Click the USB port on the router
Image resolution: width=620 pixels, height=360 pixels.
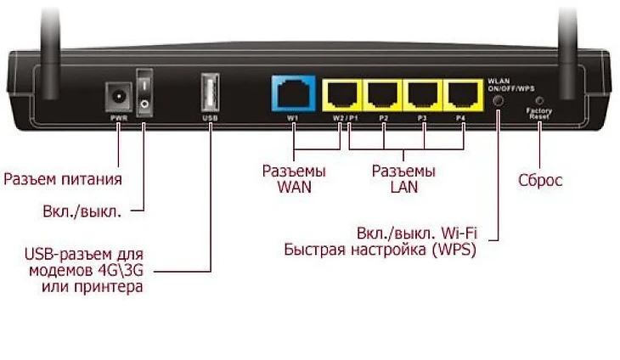pos(210,93)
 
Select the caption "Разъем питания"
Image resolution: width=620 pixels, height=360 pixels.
pos(63,179)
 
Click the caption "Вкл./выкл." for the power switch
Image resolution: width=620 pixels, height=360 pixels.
pos(82,211)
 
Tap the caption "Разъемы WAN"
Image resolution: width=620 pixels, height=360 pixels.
pos(293,179)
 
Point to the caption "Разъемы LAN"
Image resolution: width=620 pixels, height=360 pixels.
pos(405,179)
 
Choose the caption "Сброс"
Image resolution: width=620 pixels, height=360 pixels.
pos(540,180)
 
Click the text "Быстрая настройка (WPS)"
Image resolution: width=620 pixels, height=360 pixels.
pos(380,250)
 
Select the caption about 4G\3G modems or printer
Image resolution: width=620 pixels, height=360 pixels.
pos(83,272)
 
